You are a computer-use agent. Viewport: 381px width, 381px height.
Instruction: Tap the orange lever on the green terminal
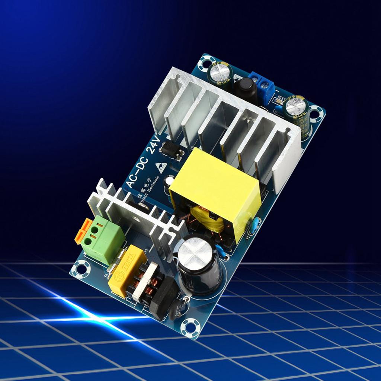(83, 231)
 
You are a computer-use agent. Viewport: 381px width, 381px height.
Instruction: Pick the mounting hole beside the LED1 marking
(316, 111)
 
